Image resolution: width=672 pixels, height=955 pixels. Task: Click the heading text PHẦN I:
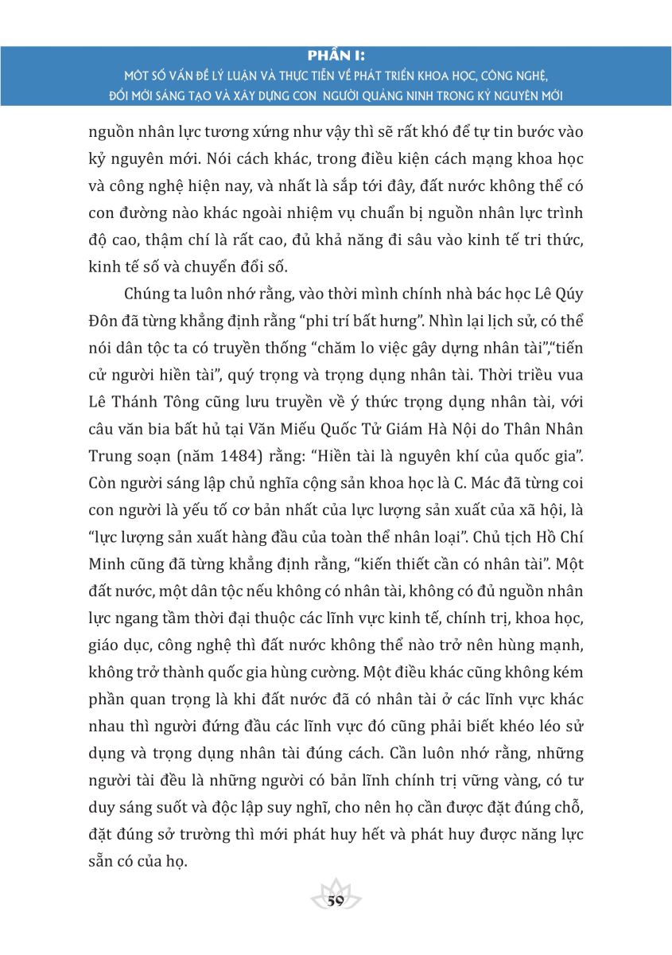coord(335,56)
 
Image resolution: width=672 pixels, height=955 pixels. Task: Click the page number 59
coord(335,900)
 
